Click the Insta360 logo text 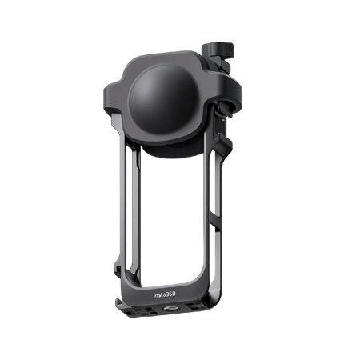click(x=165, y=294)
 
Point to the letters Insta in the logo click(x=158, y=295)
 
